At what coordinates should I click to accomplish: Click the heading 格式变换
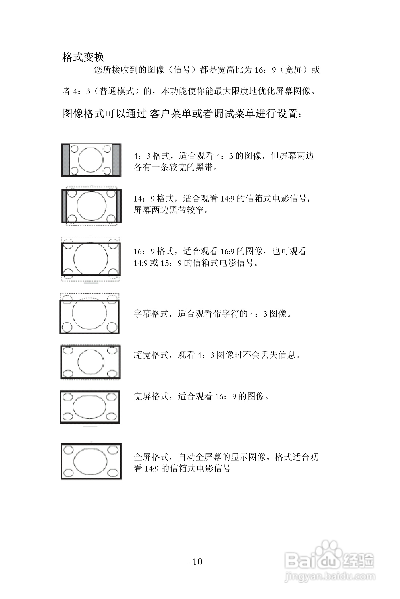(83, 57)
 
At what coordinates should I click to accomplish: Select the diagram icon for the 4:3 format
(91, 160)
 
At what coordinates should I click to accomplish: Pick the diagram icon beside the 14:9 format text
(92, 206)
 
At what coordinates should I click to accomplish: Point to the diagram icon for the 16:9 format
(91, 259)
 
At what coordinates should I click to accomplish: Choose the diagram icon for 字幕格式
(90, 314)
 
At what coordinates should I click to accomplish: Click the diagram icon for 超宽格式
(90, 362)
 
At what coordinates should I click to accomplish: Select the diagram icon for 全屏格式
(91, 461)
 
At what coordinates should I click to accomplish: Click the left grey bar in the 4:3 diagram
(66, 160)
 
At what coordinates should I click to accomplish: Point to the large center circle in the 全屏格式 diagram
(91, 461)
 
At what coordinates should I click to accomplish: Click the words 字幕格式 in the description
(151, 314)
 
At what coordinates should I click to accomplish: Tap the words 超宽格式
(151, 355)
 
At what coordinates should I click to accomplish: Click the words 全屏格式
(151, 457)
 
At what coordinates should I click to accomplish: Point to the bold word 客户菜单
(170, 113)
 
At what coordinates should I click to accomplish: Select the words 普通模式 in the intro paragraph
(117, 91)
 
